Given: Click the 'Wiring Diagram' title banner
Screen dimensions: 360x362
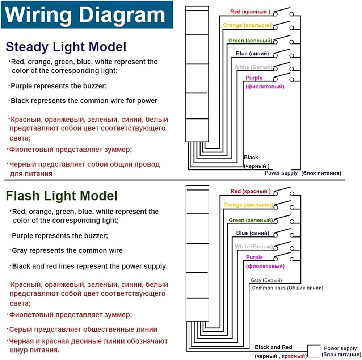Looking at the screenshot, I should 86,15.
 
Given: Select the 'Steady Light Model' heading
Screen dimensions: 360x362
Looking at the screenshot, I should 66,47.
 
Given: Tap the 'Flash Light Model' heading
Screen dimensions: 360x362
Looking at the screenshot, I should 62,196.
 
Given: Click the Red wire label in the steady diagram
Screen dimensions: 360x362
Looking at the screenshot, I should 250,12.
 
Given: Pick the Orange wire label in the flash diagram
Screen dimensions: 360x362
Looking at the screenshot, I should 248,205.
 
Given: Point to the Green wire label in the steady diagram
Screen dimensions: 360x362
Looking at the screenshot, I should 250,41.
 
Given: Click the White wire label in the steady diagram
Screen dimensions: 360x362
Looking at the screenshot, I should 253,67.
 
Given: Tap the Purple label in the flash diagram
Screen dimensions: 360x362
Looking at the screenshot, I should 254,257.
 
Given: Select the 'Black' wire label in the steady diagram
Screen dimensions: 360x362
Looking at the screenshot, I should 251,157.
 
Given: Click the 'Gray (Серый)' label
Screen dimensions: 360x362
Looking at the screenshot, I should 266,280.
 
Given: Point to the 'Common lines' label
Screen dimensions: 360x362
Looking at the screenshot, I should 287,288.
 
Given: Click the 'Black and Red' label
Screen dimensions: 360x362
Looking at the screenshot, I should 273,347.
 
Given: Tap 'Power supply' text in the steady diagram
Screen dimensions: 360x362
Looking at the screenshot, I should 281,173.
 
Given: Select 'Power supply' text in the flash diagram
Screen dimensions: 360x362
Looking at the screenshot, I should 340,348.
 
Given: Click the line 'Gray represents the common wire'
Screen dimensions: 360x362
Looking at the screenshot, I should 67,251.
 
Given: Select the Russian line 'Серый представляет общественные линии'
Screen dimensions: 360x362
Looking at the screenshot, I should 83,330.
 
